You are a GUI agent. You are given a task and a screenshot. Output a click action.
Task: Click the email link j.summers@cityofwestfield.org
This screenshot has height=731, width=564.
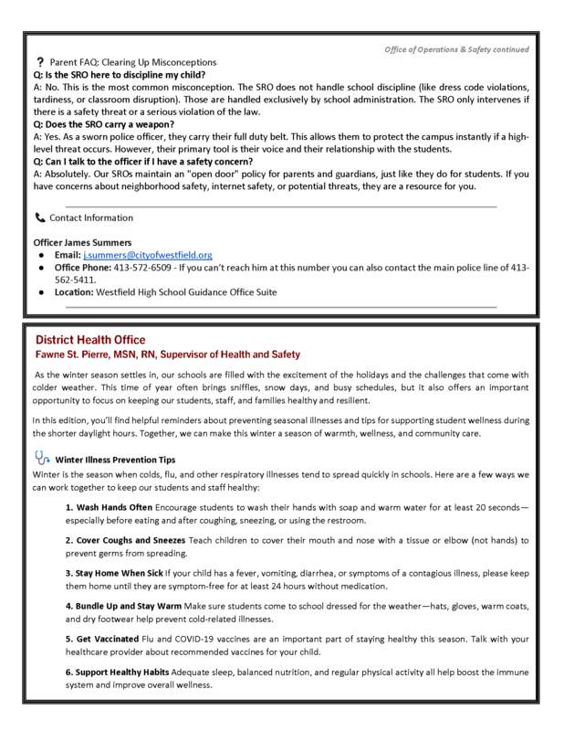tap(147, 254)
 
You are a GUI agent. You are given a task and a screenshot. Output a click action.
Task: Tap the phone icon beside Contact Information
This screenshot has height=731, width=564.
tap(38, 218)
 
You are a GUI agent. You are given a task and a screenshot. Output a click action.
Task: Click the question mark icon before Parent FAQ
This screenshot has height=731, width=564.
tap(40, 61)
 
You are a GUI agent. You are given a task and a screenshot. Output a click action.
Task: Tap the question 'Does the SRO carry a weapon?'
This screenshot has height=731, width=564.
tap(103, 122)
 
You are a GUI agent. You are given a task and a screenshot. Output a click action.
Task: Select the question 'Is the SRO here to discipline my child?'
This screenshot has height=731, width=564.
tap(120, 74)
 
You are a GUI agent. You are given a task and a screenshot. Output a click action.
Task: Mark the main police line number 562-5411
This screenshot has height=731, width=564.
tap(78, 279)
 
